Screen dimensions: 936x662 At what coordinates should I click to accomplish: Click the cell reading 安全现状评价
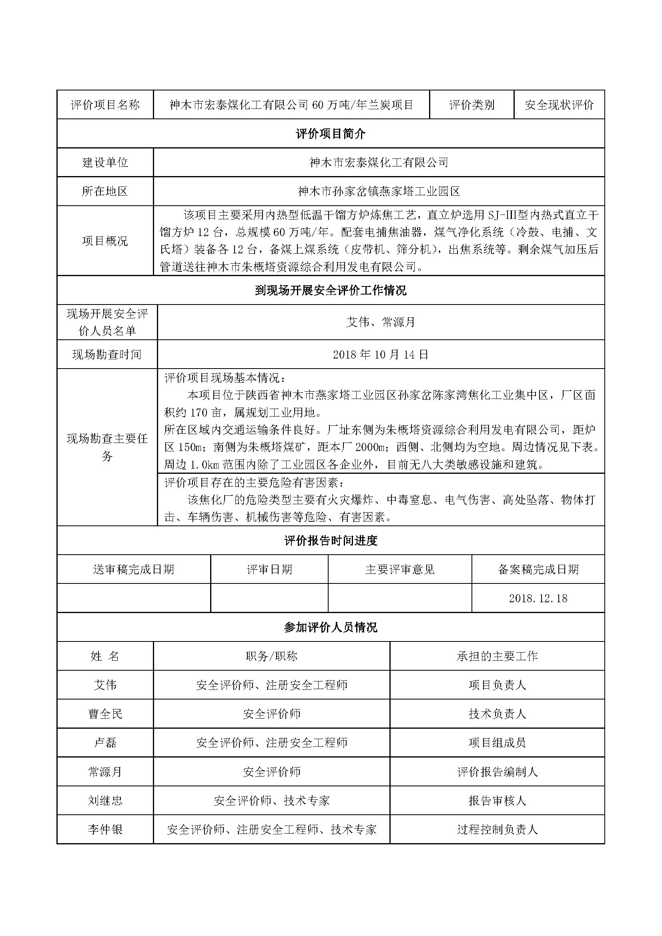click(559, 105)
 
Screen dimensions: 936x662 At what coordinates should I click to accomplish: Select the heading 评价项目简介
click(331, 134)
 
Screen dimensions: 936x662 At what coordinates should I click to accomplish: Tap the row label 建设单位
click(105, 162)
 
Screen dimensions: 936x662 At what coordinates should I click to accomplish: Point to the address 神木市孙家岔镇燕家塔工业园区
click(379, 191)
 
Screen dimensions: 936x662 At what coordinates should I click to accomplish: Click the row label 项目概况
click(105, 241)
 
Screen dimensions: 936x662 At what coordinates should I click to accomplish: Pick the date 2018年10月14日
click(380, 355)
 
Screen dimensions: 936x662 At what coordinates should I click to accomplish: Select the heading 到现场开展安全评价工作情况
click(331, 291)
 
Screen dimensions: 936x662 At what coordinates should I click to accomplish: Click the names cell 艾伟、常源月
click(380, 323)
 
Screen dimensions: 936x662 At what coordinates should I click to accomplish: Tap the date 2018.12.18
click(538, 598)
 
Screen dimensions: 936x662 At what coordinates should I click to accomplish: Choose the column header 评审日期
click(269, 569)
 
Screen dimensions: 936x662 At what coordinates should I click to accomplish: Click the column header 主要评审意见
click(399, 569)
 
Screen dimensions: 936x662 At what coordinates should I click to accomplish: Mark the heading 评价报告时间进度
click(331, 541)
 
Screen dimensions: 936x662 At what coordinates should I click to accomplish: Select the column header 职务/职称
click(271, 656)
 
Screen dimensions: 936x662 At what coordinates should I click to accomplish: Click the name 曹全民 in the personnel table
click(105, 714)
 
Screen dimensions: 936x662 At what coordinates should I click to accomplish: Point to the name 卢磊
click(105, 742)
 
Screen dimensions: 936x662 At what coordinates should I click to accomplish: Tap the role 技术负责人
click(497, 714)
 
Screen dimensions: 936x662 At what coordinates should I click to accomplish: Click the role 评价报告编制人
click(497, 772)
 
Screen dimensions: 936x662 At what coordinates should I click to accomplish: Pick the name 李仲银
click(105, 830)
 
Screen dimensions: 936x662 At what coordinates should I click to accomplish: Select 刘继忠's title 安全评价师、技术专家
click(271, 801)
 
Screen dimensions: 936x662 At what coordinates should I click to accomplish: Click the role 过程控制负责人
click(497, 830)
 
